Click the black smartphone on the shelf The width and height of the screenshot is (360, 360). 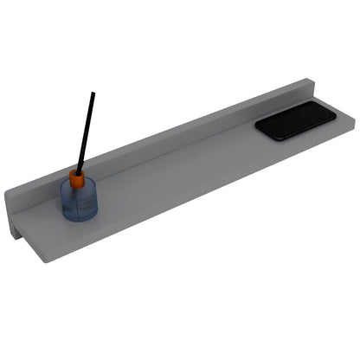coord(295,120)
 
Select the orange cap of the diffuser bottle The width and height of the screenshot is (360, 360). coord(78,179)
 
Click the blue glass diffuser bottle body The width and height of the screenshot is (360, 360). coord(80,202)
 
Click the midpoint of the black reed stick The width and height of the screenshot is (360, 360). coord(85,132)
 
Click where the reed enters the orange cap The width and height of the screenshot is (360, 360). coord(79,172)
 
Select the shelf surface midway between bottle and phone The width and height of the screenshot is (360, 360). coord(182,169)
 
